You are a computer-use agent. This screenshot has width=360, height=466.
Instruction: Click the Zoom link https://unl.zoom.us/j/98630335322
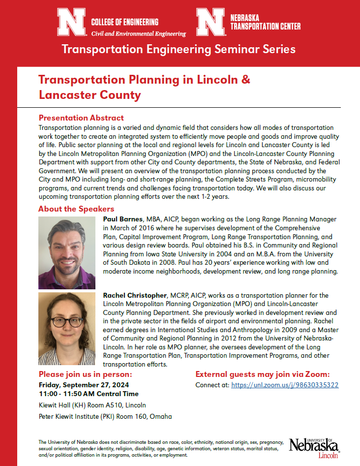[285, 385]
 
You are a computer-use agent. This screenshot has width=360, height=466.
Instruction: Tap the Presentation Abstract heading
[81, 118]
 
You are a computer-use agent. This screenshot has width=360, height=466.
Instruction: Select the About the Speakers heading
[76, 209]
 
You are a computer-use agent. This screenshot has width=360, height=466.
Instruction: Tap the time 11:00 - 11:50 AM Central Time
[89, 394]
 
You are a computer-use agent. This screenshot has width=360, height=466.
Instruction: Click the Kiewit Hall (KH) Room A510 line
[92, 405]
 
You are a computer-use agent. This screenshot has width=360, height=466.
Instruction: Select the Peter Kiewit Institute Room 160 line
[105, 416]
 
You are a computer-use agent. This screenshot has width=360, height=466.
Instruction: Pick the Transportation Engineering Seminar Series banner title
[178, 49]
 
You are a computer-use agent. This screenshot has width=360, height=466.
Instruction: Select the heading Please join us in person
[85, 374]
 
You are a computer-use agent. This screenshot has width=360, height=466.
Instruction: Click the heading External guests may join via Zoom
[263, 374]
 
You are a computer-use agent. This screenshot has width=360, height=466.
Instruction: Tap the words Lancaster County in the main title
[90, 95]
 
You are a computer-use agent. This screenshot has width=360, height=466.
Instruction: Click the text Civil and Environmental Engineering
[139, 34]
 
